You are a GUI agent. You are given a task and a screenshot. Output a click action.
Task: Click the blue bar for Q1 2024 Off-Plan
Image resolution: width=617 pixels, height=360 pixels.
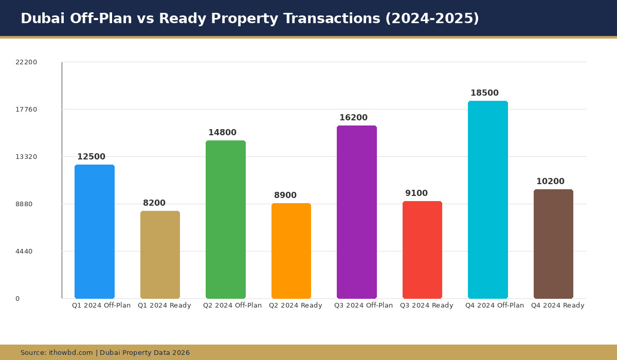(95, 231)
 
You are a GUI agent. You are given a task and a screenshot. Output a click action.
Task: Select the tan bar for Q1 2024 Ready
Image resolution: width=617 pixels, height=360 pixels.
(160, 255)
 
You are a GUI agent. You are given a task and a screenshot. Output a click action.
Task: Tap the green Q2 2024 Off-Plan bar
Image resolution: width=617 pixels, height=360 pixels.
(226, 220)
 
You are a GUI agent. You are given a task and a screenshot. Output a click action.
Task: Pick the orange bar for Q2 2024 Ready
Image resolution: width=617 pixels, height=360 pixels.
(291, 251)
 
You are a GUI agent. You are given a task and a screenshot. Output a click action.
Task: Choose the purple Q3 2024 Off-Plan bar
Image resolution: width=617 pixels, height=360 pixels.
(357, 212)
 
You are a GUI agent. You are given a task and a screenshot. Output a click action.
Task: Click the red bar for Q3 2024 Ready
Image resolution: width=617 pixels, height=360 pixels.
(422, 250)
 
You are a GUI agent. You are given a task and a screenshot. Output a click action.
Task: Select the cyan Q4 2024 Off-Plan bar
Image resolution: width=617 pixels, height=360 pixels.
(488, 200)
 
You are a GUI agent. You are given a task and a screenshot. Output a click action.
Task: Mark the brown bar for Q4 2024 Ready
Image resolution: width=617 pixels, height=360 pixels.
(553, 244)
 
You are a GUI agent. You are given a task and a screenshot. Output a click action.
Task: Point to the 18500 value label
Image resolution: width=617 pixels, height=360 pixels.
(484, 93)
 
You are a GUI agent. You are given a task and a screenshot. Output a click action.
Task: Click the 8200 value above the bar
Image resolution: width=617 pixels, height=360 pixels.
(154, 203)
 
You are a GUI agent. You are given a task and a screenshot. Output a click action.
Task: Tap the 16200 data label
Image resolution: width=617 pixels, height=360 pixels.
(353, 118)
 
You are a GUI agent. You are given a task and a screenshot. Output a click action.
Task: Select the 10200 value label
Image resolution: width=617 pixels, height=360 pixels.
(550, 182)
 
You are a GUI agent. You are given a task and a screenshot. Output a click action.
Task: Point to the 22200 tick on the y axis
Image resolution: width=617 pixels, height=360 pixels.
(26, 62)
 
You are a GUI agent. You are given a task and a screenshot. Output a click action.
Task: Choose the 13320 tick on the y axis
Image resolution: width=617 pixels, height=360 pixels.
(26, 157)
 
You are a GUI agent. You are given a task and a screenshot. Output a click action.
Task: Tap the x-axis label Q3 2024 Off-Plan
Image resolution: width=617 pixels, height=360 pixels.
(364, 305)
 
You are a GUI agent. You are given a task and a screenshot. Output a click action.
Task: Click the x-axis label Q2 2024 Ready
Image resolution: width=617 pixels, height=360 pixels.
(296, 305)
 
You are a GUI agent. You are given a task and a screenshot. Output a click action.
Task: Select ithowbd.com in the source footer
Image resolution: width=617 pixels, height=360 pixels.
(71, 353)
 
